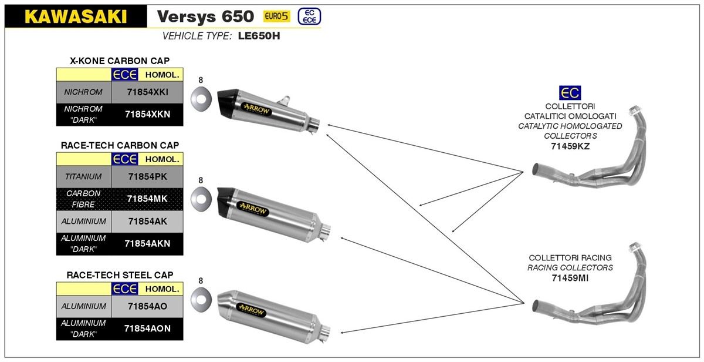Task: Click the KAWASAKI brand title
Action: point(75,16)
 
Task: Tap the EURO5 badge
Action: point(277,16)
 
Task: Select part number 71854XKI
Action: point(147,92)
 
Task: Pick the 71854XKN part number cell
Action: point(147,114)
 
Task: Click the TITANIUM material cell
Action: point(83,176)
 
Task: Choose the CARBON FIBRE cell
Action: point(83,199)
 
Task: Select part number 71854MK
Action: point(147,199)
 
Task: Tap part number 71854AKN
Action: point(147,243)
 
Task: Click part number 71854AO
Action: point(147,306)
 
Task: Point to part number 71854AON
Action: point(147,329)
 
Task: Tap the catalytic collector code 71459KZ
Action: point(570,146)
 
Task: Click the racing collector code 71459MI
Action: point(570,278)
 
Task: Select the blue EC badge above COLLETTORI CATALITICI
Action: point(570,93)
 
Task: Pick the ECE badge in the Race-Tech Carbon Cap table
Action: point(124,159)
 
